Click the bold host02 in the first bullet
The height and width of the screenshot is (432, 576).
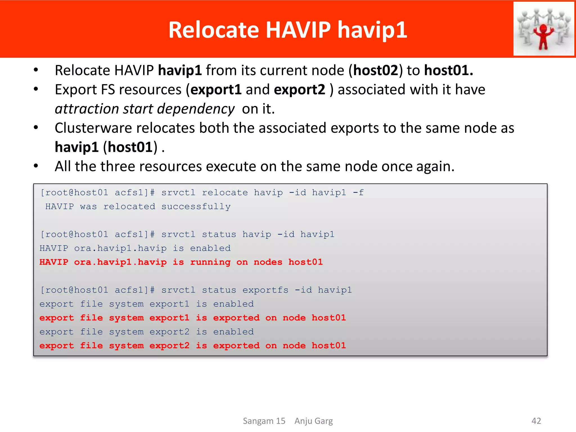376,70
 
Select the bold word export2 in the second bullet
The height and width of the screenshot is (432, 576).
299,90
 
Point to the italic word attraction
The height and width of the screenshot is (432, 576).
87,109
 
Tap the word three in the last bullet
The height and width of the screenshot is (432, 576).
116,166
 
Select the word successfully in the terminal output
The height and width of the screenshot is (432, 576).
196,207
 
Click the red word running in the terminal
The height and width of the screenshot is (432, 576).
210,262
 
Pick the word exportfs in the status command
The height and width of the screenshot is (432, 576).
265,290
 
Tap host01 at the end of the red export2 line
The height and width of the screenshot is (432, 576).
328,346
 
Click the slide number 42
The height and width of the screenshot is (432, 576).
536,421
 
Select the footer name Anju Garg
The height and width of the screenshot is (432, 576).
313,421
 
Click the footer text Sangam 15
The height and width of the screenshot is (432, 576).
264,421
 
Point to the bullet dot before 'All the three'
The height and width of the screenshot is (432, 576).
36,166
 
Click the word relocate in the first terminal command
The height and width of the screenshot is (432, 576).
225,193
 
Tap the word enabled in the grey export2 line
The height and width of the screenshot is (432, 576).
233,332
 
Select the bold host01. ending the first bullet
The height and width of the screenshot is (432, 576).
448,70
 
